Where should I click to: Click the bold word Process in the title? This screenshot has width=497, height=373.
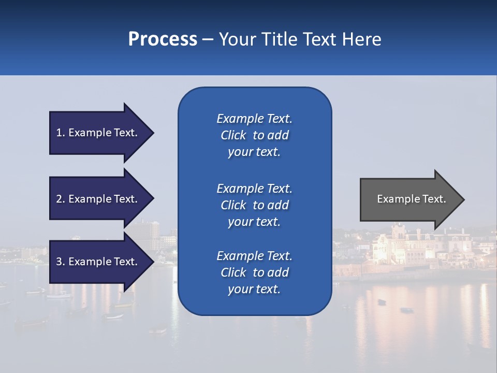(163, 39)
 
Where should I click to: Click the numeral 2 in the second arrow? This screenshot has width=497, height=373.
(59, 199)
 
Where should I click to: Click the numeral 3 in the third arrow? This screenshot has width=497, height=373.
(59, 262)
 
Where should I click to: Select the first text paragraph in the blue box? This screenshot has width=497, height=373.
(254, 135)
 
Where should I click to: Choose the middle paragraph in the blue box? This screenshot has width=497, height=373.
(254, 205)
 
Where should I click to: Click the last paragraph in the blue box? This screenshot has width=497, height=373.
(254, 272)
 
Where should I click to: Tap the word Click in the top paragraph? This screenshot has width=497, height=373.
(233, 135)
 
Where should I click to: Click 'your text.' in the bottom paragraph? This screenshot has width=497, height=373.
(254, 289)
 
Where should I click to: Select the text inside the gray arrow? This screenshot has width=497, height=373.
(411, 199)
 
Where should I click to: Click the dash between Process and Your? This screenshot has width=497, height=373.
(208, 40)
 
